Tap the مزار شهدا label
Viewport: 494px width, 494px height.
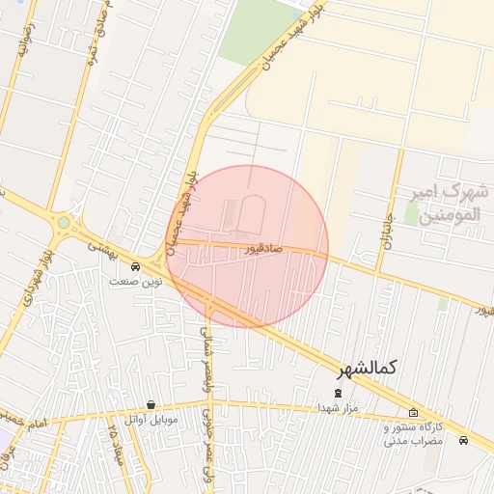pyautogui.click(x=338, y=408)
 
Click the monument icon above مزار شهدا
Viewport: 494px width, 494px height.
pyautogui.click(x=338, y=393)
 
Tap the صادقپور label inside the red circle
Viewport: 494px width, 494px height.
pyautogui.click(x=262, y=249)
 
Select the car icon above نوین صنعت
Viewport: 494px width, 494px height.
pyautogui.click(x=135, y=266)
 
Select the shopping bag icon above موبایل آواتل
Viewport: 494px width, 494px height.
pyautogui.click(x=151, y=405)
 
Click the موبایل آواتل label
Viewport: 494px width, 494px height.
pyautogui.click(x=151, y=421)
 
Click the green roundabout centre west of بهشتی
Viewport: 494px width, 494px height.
pyautogui.click(x=64, y=223)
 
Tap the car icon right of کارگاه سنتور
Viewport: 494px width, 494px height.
pyautogui.click(x=464, y=440)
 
